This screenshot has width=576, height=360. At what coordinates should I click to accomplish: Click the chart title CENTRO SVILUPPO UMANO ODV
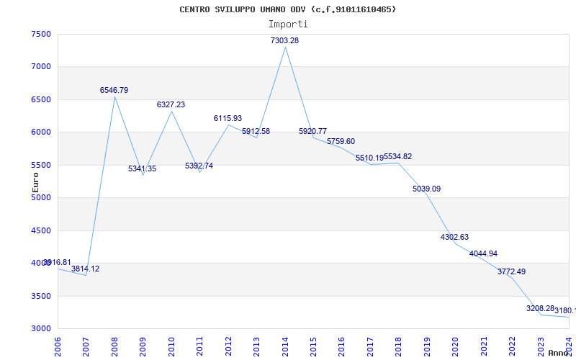[287, 9]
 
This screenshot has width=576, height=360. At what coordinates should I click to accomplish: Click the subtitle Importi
[287, 24]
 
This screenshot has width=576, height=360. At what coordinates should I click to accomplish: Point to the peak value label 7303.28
[284, 41]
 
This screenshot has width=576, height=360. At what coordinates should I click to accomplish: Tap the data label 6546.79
[114, 91]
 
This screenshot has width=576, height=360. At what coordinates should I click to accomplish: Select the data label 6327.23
[171, 105]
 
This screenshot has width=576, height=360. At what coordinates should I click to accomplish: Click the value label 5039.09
[426, 189]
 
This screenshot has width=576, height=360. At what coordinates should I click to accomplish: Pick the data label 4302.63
[454, 238]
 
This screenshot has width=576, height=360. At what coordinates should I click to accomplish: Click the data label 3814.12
[85, 269]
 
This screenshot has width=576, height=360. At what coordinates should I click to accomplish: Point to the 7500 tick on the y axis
[41, 35]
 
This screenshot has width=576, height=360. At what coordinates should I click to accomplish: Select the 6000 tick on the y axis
[41, 132]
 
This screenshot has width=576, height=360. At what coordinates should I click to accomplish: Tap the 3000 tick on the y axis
[41, 329]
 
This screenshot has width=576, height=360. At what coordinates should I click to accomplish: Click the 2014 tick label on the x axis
[286, 343]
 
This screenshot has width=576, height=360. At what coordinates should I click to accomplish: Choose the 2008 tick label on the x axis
[115, 343]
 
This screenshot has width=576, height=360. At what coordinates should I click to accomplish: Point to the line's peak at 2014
[285, 47]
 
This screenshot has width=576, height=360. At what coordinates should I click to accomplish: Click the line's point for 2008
[114, 96]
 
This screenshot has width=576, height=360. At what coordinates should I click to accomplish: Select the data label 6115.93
[228, 119]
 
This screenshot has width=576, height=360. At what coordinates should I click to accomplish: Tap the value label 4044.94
[483, 254]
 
